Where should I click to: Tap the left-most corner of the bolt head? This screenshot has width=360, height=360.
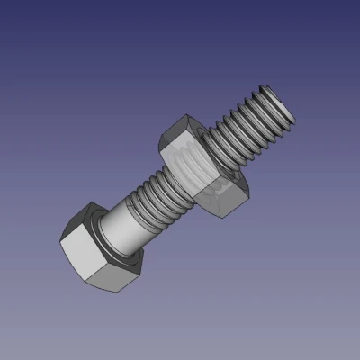click(x=60, y=241)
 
